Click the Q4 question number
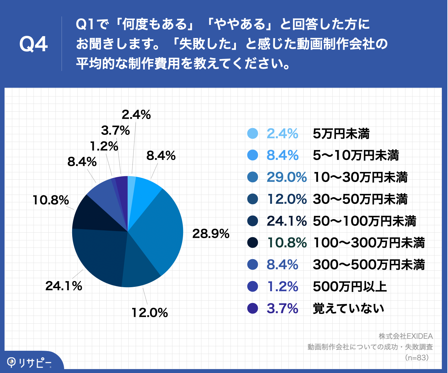[34, 44]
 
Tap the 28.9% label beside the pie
[210, 234]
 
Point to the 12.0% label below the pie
[150, 313]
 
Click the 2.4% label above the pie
[136, 115]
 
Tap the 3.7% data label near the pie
[115, 130]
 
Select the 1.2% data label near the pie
[104, 146]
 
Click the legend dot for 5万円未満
[253, 134]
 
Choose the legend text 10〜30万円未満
[360, 177]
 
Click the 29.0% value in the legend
[286, 177]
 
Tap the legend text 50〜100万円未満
[364, 221]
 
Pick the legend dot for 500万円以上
[253, 287]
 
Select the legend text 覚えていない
[348, 308]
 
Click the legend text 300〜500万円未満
[369, 265]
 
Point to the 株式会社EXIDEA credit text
[405, 336]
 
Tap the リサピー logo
[29, 363]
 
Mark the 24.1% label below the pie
[63, 286]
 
